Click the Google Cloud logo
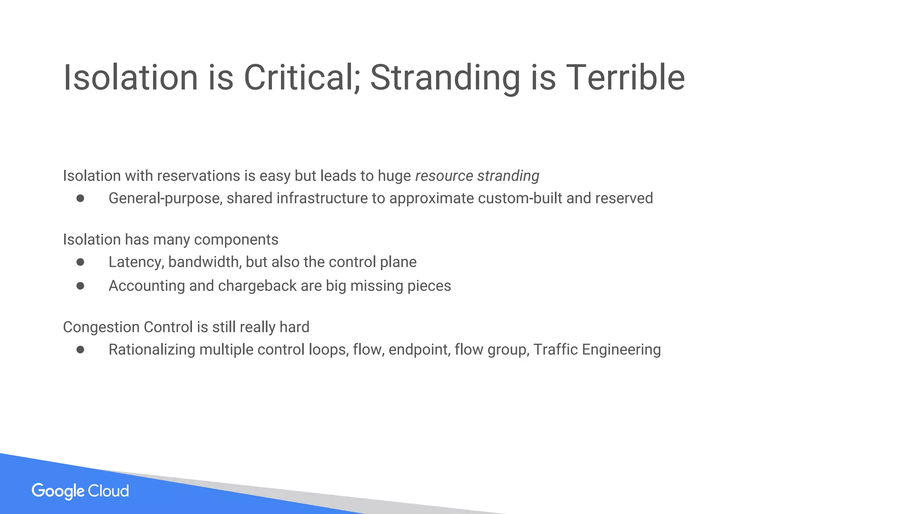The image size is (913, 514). [80, 491]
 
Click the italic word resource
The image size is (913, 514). [444, 176]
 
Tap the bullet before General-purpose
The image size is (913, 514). [80, 198]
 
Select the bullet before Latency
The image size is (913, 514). [80, 262]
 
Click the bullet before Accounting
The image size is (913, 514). [80, 286]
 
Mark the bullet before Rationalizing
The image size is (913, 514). [80, 349]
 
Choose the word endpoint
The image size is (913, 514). [418, 349]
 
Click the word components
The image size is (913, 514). [236, 240]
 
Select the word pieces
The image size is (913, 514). [429, 286]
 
